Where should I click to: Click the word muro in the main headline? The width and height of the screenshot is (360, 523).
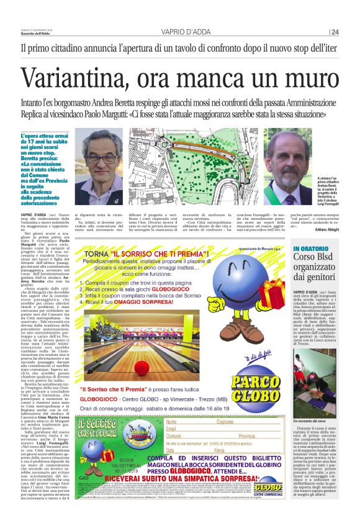tap(305, 78)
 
